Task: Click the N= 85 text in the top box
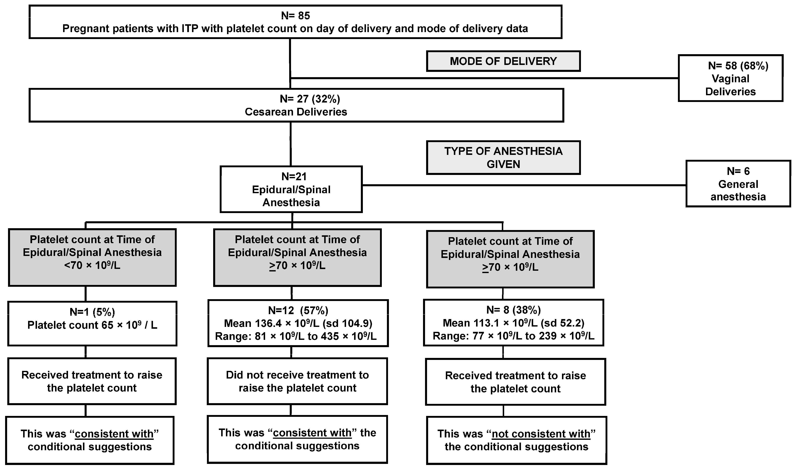(295, 16)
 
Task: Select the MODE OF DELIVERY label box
(503, 61)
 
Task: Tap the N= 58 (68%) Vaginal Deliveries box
(730, 78)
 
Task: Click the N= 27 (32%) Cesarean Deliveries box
(296, 105)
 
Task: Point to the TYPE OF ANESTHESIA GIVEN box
(503, 157)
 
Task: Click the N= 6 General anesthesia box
(738, 184)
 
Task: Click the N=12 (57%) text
(298, 310)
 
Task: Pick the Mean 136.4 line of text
(298, 323)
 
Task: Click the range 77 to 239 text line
(513, 336)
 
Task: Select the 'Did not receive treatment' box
(297, 381)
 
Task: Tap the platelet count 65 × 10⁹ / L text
(92, 325)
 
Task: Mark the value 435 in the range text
(330, 336)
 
